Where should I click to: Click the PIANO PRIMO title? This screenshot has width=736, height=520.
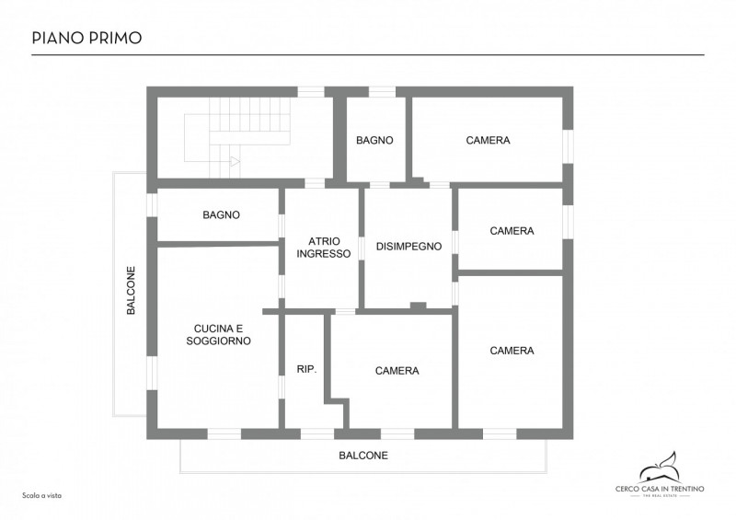click(x=86, y=38)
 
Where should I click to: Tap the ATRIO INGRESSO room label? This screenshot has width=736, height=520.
click(x=324, y=248)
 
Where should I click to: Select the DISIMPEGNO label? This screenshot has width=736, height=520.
click(x=408, y=246)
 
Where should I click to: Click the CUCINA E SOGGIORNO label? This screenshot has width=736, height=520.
click(x=218, y=334)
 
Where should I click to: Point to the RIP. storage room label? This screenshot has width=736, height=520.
click(x=307, y=369)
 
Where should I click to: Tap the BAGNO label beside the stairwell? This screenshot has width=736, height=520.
click(x=374, y=140)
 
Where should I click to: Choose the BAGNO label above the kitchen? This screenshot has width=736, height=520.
click(x=221, y=214)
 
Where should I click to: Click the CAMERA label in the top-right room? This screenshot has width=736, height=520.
click(x=488, y=140)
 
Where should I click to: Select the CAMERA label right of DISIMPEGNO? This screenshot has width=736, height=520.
click(x=512, y=231)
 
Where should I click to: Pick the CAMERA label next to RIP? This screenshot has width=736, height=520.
click(x=397, y=371)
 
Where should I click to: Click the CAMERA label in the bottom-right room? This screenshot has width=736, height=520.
click(x=512, y=351)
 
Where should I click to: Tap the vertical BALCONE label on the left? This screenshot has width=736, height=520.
click(x=131, y=290)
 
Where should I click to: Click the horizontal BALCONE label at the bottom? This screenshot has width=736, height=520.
click(x=363, y=456)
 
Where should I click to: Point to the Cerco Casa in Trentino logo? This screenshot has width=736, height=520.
click(x=660, y=474)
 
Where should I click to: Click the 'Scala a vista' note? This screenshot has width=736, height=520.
click(x=41, y=495)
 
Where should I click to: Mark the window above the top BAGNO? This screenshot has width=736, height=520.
click(x=382, y=92)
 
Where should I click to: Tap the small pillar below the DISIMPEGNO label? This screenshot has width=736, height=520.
click(x=419, y=306)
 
